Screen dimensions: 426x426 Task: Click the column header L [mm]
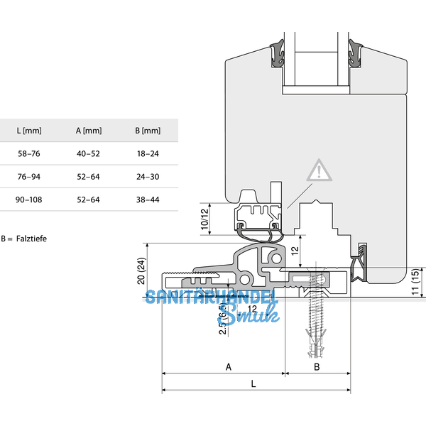point(29,131)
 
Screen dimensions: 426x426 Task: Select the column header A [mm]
point(89,131)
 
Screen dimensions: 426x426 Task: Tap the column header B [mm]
point(147,131)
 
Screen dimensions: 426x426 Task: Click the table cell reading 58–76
point(29,153)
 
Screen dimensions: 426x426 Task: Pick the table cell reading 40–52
point(89,153)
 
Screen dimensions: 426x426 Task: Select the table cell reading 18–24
point(147,153)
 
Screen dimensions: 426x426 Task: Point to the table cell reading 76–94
point(29,176)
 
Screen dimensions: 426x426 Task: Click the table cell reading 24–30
point(147,176)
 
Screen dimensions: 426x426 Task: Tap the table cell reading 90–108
point(29,200)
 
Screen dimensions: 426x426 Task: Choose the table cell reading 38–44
point(147,200)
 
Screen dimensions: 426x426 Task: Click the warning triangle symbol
point(319,171)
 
